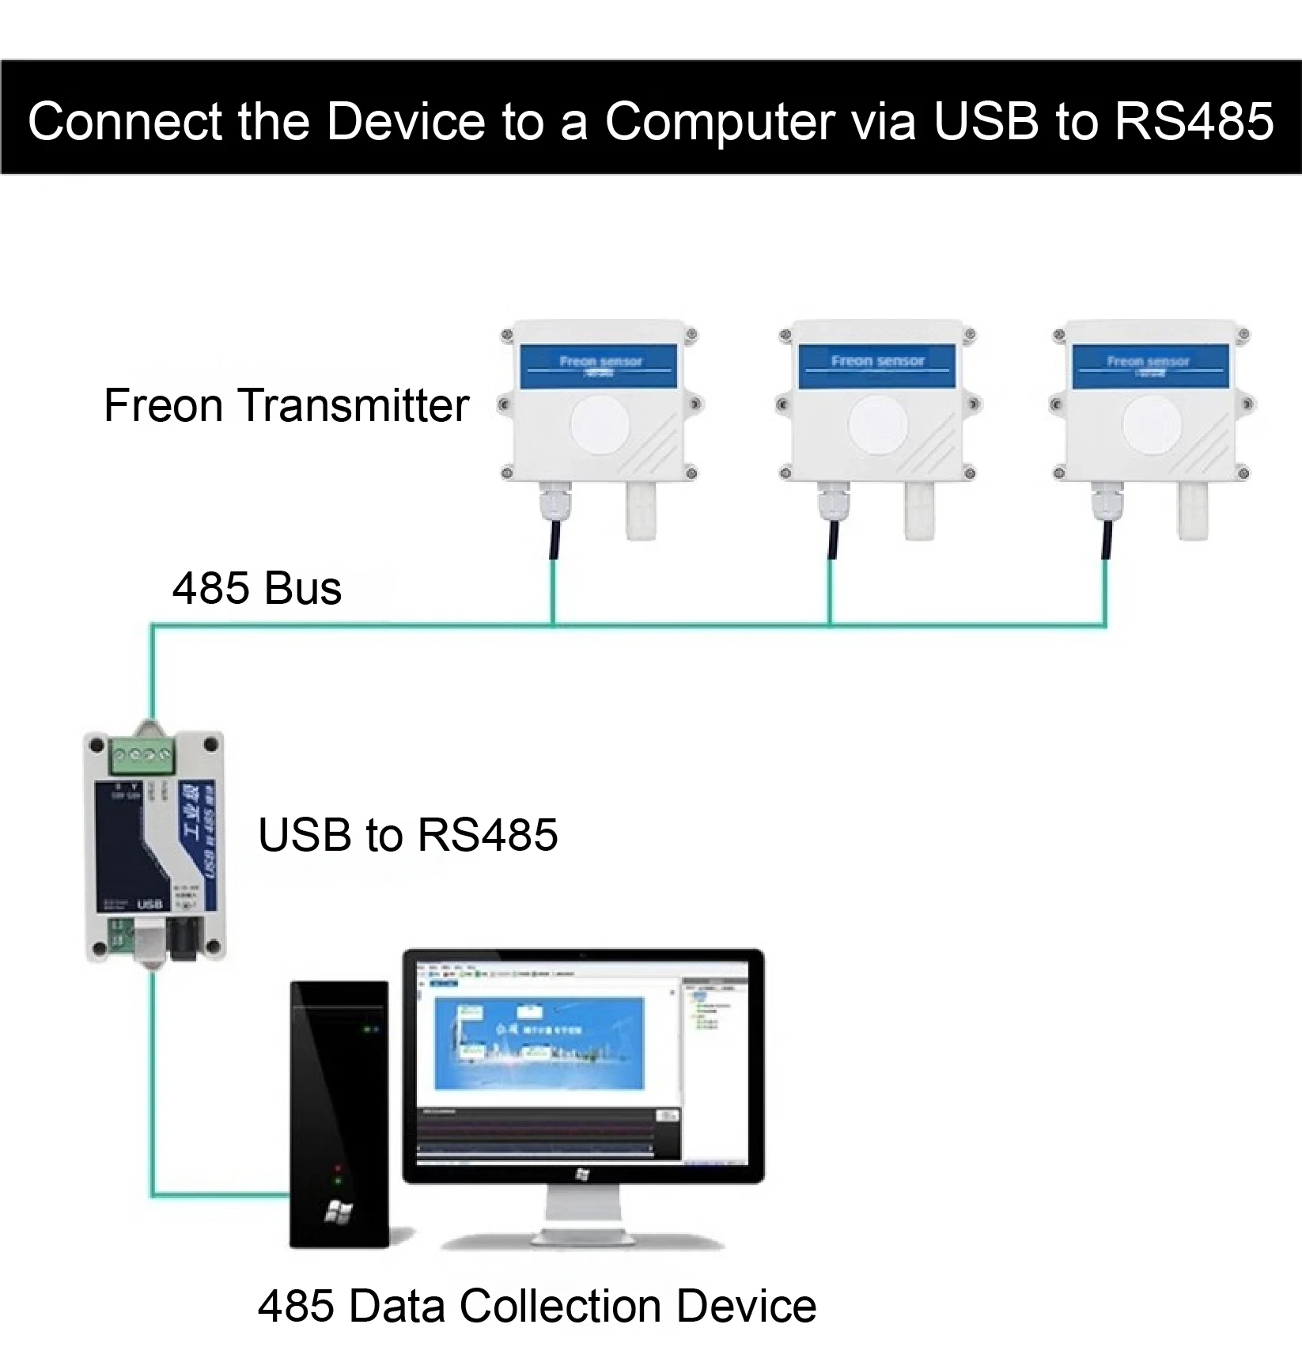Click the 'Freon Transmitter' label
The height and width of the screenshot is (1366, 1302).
pos(286,405)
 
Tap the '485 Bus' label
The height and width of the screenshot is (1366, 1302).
pos(257,588)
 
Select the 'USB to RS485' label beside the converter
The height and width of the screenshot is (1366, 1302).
pos(407,835)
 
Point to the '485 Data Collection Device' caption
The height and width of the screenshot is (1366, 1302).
pos(536,1306)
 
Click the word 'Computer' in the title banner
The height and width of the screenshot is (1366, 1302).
pos(720,121)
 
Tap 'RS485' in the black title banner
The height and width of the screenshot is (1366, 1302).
pos(1194,121)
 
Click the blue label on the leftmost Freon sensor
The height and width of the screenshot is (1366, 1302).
pos(599,365)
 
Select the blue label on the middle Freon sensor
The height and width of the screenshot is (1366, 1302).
pos(876,365)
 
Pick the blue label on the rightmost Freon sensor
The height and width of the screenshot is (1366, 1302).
pos(1148,365)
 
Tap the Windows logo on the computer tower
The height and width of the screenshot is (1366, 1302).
pos(339,1211)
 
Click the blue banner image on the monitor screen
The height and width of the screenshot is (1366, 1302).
pos(540,1042)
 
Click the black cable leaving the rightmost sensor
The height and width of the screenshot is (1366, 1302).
pos(1106,540)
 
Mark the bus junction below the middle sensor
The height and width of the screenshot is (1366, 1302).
pos(830,625)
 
